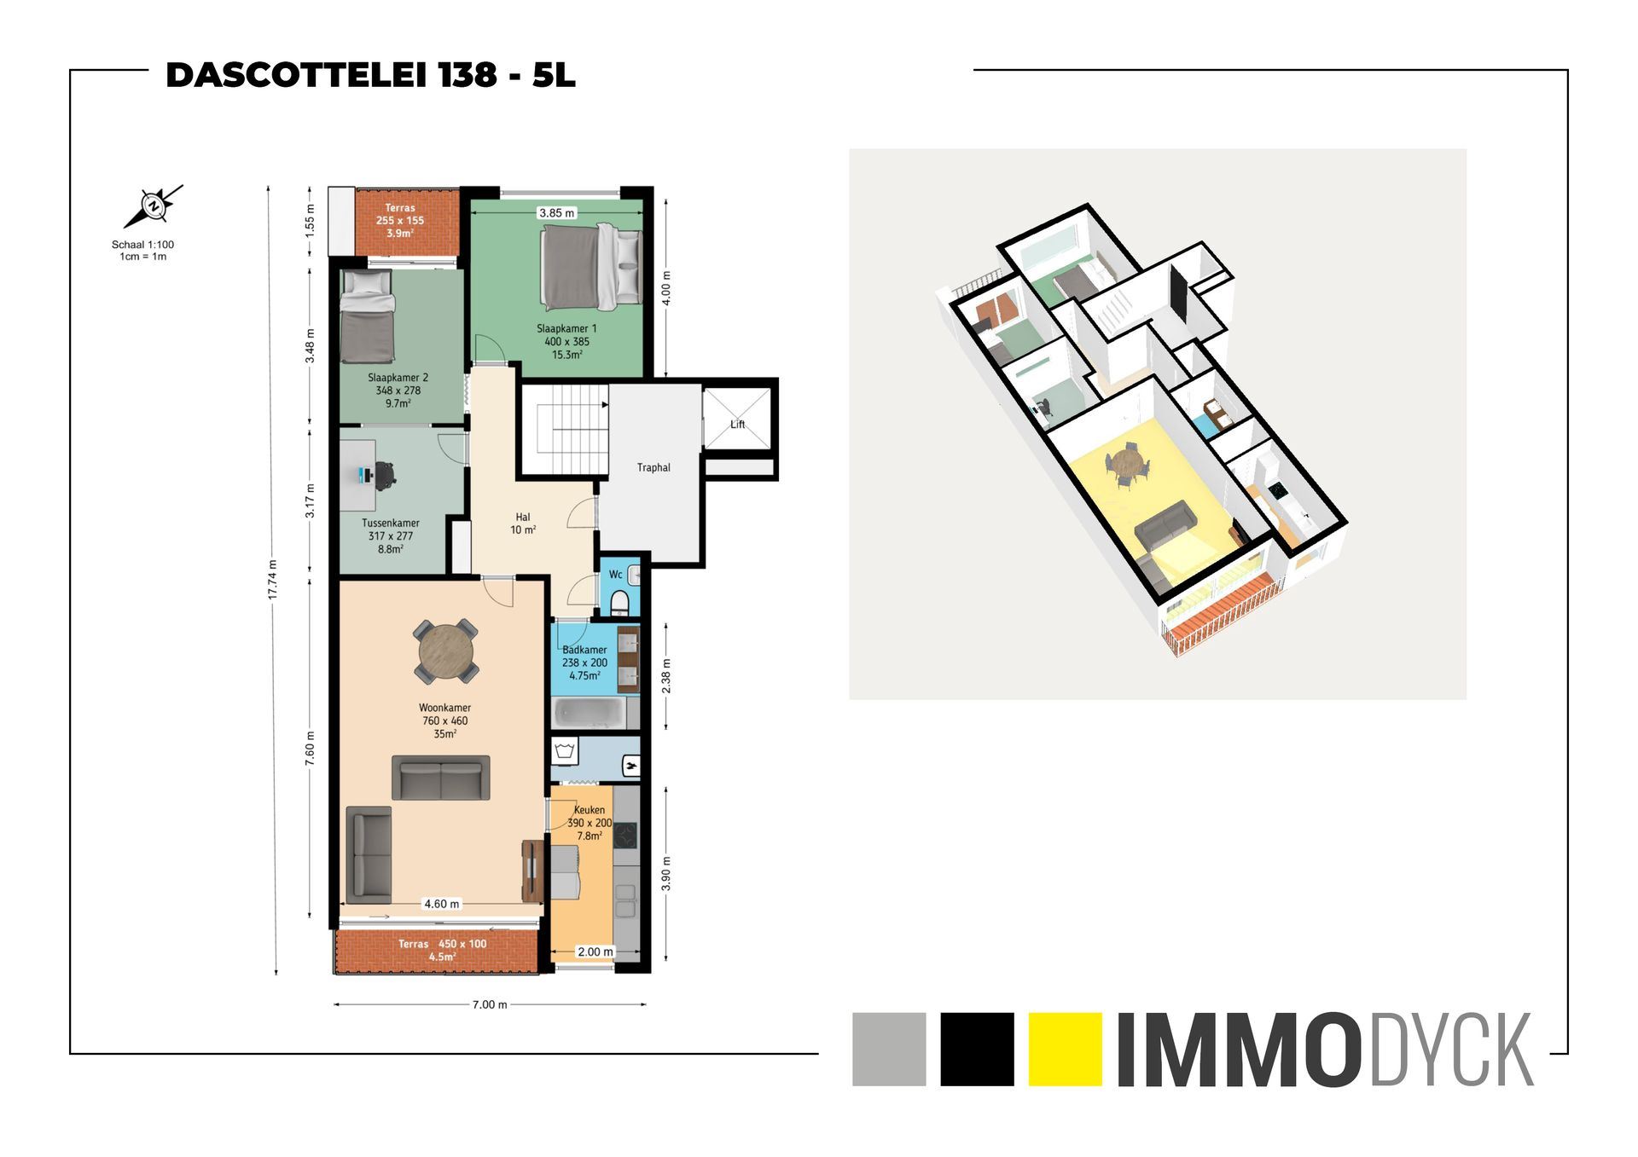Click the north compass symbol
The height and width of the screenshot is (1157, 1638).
[x=154, y=205]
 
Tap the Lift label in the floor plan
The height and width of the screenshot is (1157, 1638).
[x=737, y=425]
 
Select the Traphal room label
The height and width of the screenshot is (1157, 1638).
[x=653, y=467]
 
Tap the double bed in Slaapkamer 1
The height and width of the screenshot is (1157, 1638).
[x=590, y=267]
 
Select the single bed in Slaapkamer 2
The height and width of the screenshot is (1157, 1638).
[x=367, y=316]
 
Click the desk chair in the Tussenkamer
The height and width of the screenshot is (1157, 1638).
[x=384, y=475]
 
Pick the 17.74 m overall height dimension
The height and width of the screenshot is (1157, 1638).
[x=273, y=580]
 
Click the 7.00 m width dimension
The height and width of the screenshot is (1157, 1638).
[x=490, y=1004]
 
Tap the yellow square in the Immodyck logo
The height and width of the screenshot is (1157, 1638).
[x=1065, y=1049]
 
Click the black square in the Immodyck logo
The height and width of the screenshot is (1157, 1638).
[x=977, y=1049]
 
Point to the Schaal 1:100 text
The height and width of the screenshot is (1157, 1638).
[x=142, y=245]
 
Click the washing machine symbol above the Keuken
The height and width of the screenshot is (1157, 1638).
[x=565, y=751]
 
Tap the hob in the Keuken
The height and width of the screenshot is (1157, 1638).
[x=625, y=836]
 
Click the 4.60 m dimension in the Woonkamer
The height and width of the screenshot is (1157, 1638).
[x=441, y=904]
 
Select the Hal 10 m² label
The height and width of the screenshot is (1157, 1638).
[x=523, y=524]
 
